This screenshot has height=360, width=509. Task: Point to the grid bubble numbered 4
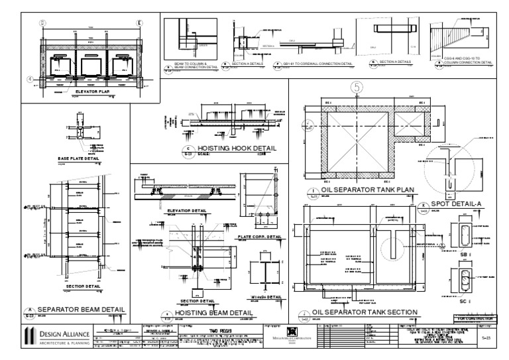pyautogui.click(x=29, y=79)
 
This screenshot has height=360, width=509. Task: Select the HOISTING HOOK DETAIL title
pyautogui.click(x=232, y=149)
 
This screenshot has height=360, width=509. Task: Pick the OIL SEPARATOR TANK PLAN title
pyautogui.click(x=367, y=190)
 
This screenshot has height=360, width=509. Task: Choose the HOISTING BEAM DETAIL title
pyautogui.click(x=213, y=312)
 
